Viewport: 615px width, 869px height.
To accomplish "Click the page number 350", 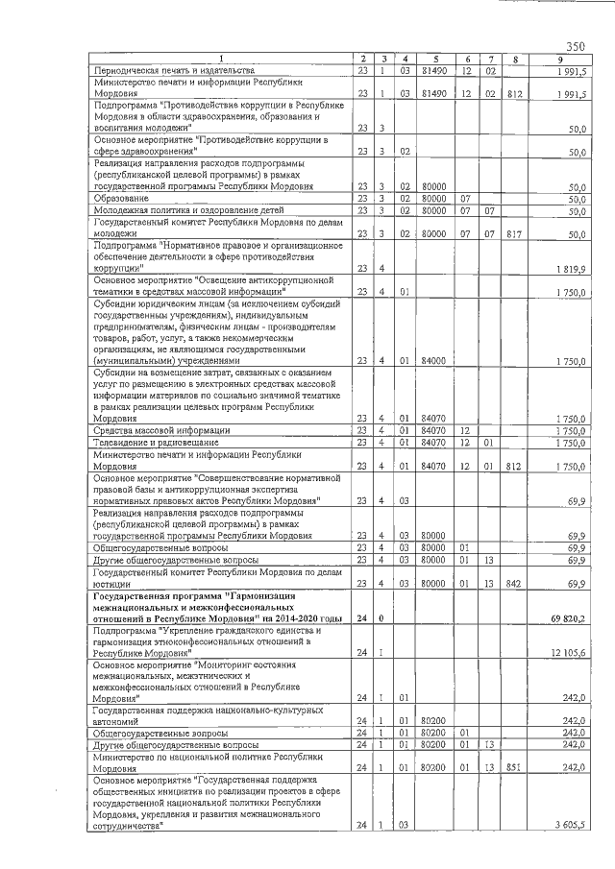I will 576,46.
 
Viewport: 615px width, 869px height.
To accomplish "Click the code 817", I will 516,232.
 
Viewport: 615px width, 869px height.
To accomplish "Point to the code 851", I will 516,769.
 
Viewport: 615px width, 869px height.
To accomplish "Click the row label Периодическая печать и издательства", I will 173,70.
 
